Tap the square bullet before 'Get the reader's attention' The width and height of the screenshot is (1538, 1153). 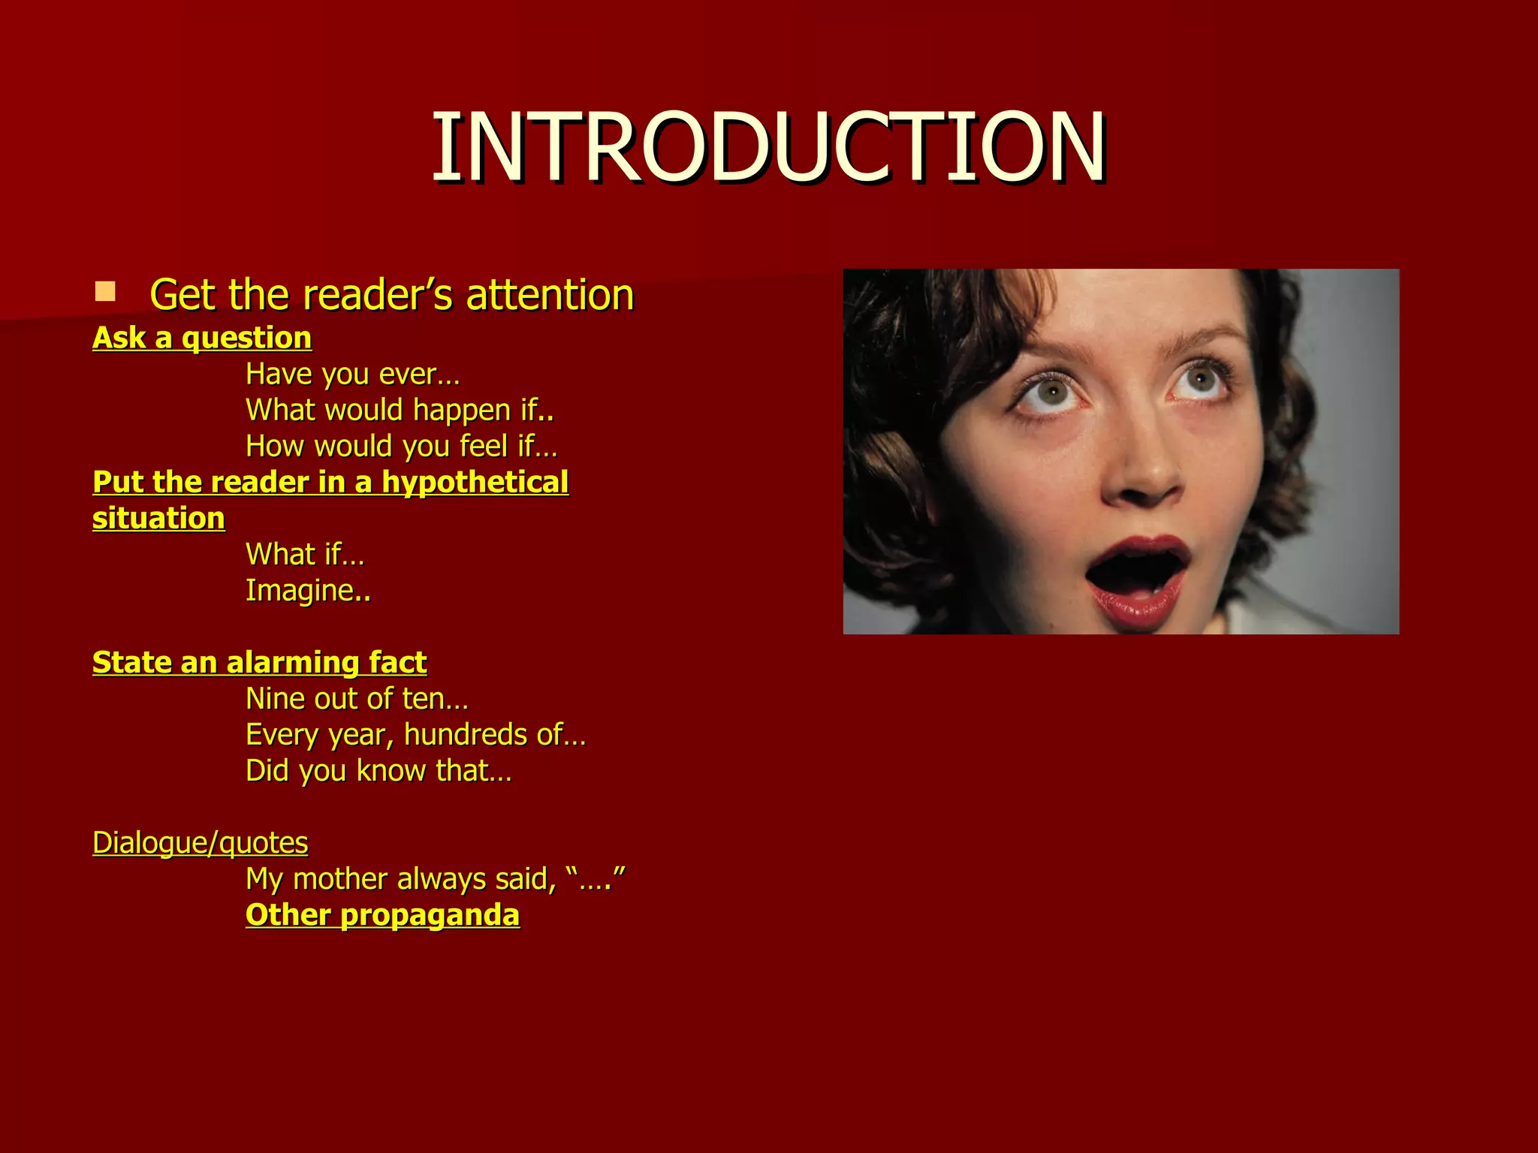point(105,291)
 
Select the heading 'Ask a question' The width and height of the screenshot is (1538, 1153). point(201,338)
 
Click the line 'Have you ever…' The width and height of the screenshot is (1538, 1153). point(352,374)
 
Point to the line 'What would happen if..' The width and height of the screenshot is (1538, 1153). point(400,410)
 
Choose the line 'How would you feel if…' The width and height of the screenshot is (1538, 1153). point(401,446)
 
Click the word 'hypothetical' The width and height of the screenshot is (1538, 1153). point(475,482)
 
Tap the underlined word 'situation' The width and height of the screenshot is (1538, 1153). point(158,518)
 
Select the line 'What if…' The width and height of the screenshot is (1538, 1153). point(304,554)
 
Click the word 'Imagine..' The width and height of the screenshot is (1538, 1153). point(308,590)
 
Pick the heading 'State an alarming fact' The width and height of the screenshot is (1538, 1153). point(259,662)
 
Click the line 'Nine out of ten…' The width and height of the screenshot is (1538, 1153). point(357,698)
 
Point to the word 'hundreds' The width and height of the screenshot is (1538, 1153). point(466,734)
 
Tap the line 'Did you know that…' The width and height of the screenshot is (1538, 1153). point(378,770)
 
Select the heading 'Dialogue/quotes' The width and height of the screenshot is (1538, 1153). point(200,842)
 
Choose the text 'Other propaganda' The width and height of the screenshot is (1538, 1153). point(382,914)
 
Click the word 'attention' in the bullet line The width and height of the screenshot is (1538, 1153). point(550,294)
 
